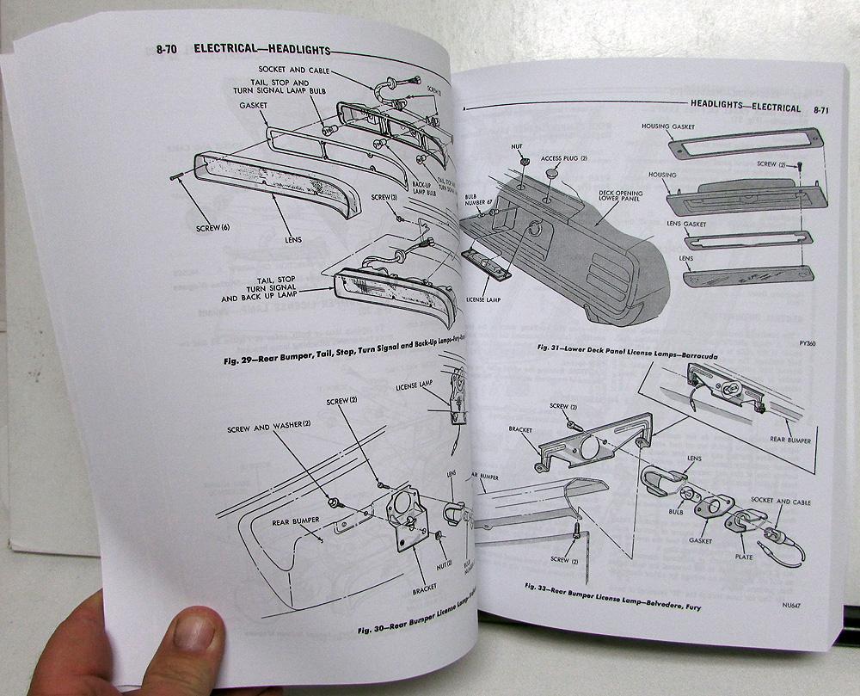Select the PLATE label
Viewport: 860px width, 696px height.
coord(743,557)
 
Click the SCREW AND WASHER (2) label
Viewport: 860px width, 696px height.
coord(269,428)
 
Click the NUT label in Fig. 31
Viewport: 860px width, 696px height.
coord(518,147)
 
